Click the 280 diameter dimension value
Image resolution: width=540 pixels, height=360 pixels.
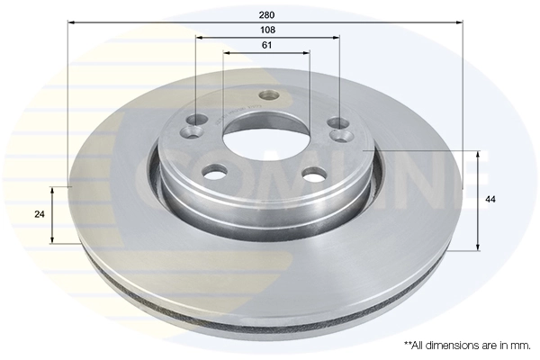(266, 15)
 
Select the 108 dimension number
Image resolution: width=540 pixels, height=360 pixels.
(267, 31)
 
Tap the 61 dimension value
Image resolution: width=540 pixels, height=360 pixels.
(267, 45)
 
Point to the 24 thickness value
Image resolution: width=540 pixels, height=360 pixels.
(39, 214)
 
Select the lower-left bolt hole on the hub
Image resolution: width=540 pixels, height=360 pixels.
(215, 171)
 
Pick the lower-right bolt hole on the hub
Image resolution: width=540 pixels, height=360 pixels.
(312, 174)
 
